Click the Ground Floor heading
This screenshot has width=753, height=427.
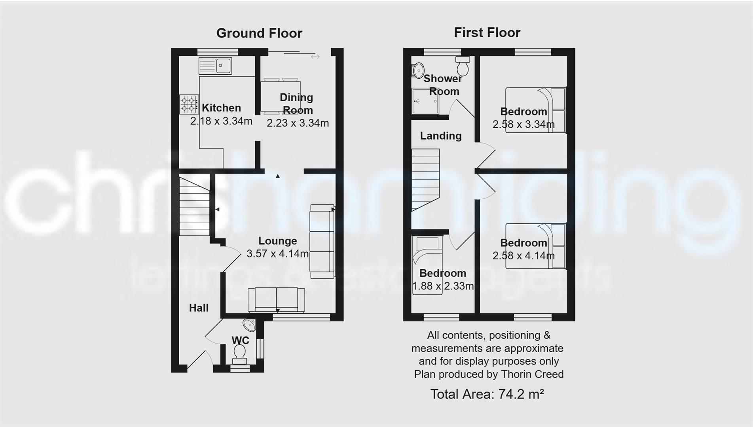259,33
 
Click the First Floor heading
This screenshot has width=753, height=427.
487,32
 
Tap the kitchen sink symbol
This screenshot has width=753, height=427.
215,66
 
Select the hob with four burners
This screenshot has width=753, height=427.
188,104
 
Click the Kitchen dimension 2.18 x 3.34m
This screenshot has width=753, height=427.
221,121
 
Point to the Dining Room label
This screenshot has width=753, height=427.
296,104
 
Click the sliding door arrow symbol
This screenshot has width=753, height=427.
315,57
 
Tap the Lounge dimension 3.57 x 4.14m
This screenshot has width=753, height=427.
277,254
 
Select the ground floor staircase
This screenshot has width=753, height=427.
194,206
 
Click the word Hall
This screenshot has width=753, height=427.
199,308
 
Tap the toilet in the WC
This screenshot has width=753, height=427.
239,353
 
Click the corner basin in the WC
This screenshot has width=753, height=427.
250,325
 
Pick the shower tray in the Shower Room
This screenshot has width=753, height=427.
425,101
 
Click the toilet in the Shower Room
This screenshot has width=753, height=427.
463,66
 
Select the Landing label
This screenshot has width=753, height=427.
441,136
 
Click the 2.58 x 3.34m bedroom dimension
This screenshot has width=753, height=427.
523,125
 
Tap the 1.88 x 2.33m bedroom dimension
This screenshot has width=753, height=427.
443,286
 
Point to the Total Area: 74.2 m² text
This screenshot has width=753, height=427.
487,394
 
